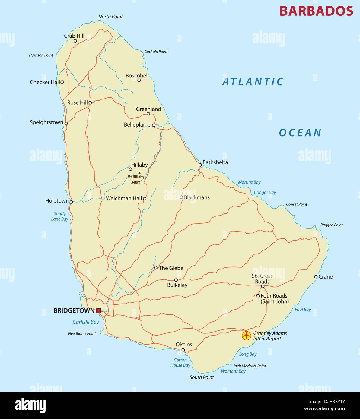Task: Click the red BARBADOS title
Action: tap(316, 11)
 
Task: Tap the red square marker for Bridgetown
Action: tap(99, 310)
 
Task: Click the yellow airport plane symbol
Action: tap(247, 336)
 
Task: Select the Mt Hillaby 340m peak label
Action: tap(136, 179)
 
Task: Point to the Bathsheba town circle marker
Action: tap(200, 165)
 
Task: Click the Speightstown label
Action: tap(46, 122)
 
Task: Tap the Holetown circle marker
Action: tap(71, 202)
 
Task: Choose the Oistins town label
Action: tap(184, 345)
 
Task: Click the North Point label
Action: tap(110, 17)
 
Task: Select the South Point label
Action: tap(202, 377)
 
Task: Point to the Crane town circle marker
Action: tap(316, 276)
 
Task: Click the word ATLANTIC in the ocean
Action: tap(253, 82)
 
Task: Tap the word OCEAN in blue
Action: tap(300, 133)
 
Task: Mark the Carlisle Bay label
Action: tap(86, 322)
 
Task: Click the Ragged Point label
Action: tap(332, 225)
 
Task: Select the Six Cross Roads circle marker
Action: tap(263, 286)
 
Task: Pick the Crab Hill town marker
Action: tap(75, 41)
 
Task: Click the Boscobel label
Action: tap(136, 76)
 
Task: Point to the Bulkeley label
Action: tap(177, 285)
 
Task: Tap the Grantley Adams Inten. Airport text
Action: tap(270, 336)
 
